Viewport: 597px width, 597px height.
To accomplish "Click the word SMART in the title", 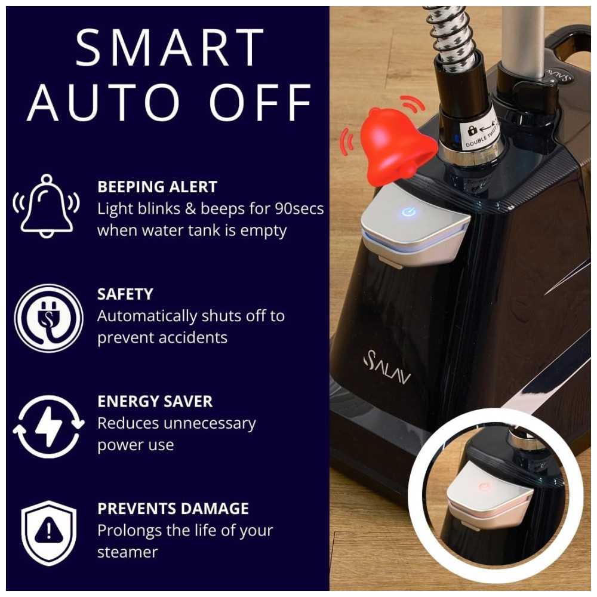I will tap(170, 48).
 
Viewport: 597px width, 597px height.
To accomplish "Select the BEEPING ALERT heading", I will tap(157, 187).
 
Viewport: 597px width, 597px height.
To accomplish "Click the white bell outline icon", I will tap(47, 205).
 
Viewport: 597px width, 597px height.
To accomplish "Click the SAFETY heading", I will tap(125, 294).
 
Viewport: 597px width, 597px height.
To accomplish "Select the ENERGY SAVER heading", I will tap(155, 401).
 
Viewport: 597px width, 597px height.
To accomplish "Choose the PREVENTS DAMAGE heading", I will tap(173, 509).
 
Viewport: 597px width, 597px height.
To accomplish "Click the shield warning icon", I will tap(48, 533).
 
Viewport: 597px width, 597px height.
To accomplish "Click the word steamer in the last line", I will tap(127, 552).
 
